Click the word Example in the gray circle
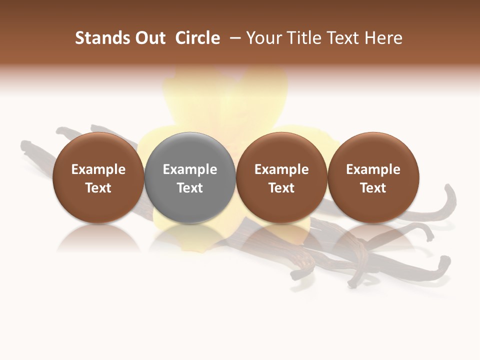pos(190,169)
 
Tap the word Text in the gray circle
pos(190,188)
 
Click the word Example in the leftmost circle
pos(98,169)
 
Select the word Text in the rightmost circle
pos(373,188)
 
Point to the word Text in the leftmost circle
pos(98,188)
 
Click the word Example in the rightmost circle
pos(373,169)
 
